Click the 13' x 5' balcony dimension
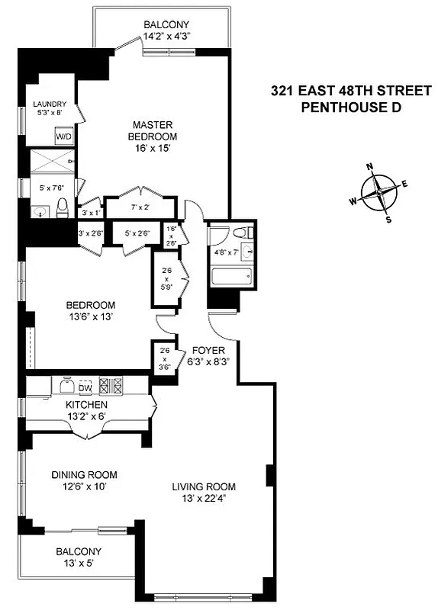coord(77,564)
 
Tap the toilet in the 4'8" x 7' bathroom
coord(240,234)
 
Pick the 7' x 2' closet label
coord(140,207)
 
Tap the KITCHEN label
coord(86,404)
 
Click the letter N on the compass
coord(369,167)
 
